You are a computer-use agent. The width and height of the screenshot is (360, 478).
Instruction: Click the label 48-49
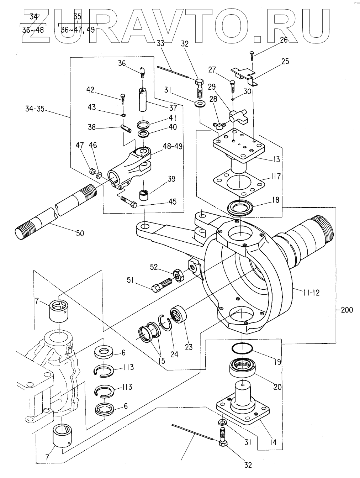click(x=173, y=146)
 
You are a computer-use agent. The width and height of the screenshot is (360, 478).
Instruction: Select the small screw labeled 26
click(x=253, y=56)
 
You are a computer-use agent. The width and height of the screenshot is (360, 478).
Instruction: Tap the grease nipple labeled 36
click(x=142, y=72)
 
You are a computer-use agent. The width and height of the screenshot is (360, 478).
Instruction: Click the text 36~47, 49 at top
click(x=78, y=30)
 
